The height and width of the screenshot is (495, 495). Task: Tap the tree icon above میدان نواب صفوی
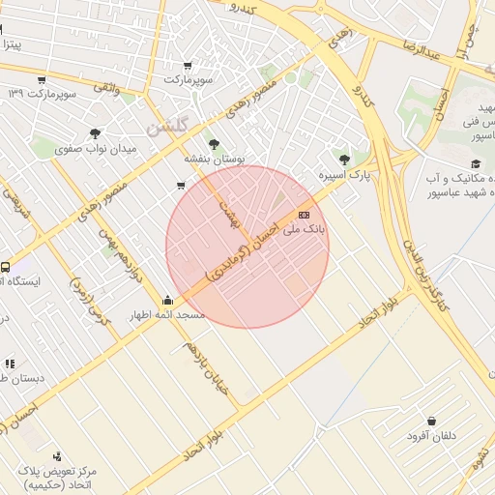click(x=95, y=134)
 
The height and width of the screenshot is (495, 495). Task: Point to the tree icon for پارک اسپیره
click(x=345, y=159)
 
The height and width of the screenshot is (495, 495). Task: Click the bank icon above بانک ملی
click(x=304, y=215)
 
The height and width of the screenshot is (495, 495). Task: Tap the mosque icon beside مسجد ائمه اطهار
click(x=169, y=300)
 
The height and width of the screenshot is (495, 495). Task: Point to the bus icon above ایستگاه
click(x=6, y=267)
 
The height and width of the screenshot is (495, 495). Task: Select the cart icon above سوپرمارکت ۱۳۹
click(x=42, y=80)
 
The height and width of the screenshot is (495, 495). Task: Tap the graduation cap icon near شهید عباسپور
click(x=474, y=164)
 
